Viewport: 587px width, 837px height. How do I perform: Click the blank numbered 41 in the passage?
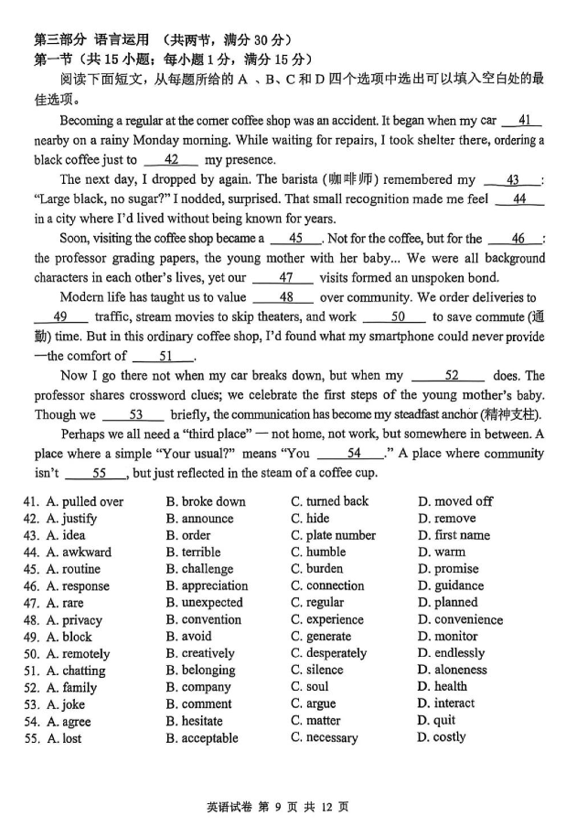(x=524, y=120)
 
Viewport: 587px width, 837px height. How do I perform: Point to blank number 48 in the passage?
(x=285, y=297)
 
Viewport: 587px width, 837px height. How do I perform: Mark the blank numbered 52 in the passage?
(x=451, y=375)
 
